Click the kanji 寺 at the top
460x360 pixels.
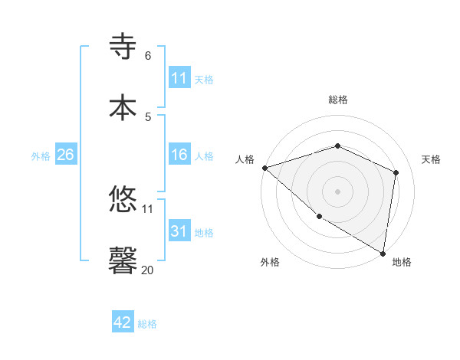pos(124,46)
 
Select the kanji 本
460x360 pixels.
pos(124,106)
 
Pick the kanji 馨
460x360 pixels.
pos(124,260)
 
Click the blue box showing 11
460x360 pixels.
pos(179,78)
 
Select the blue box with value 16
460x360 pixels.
pos(179,155)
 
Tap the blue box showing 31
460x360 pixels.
pos(179,231)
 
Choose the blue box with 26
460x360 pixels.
pos(65,155)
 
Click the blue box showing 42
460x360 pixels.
pos(123,322)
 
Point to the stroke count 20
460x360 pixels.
pos(147,270)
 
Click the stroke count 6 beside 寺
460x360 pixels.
pos(148,56)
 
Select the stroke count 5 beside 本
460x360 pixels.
pos(148,116)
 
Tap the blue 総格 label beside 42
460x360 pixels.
pos(147,324)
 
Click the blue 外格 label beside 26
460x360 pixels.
pos(41,155)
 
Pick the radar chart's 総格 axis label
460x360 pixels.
pos(337,100)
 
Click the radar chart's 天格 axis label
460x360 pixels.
pos(432,159)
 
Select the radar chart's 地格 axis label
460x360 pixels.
pos(402,262)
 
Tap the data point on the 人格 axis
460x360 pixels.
pos(264,168)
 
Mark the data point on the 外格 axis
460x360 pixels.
pos(319,217)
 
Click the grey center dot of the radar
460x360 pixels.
pos(337,191)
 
